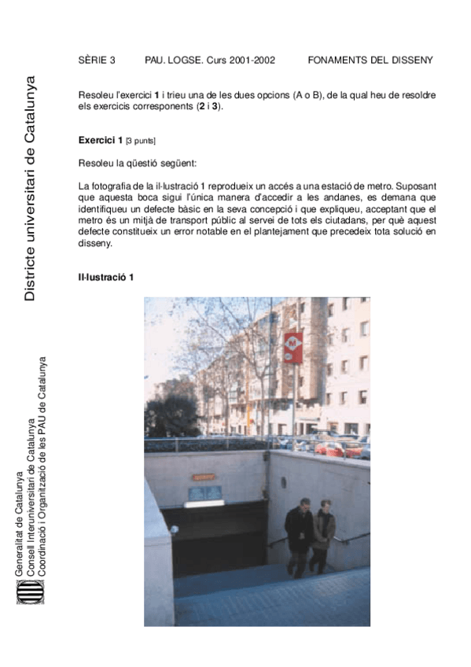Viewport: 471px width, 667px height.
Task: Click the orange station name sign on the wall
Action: pyautogui.click(x=204, y=477)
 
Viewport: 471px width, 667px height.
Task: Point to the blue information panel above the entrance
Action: pyautogui.click(x=204, y=493)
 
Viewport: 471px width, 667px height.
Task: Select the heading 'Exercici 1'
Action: pyautogui.click(x=101, y=140)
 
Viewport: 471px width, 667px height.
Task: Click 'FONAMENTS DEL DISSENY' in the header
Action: pyautogui.click(x=370, y=60)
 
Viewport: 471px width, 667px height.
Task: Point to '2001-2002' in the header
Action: pyautogui.click(x=253, y=60)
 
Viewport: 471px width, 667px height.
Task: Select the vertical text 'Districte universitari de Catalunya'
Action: pyautogui.click(x=30, y=189)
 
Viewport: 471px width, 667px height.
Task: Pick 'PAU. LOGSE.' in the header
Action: pyautogui.click(x=174, y=60)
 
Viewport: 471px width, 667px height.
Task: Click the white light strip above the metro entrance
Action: pyautogui.click(x=204, y=503)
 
